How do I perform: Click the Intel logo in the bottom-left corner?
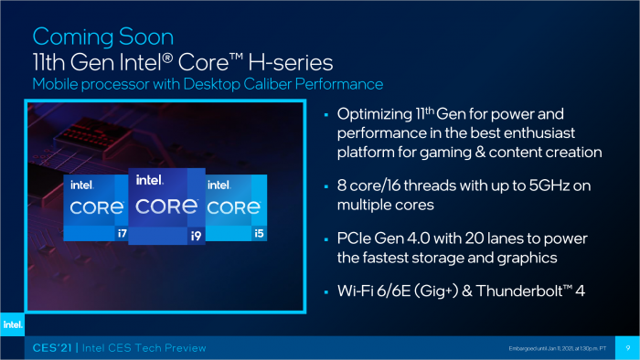[12, 323]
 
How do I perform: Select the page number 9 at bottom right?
[627, 348]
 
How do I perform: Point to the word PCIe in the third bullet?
[356, 239]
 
